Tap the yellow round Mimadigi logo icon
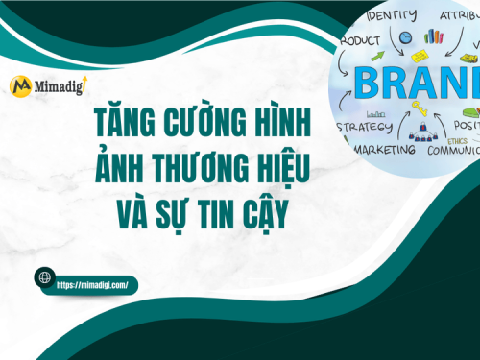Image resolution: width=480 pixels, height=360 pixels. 19,85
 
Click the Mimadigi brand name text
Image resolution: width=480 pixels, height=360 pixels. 58,86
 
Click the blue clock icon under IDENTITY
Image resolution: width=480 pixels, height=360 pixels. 405,37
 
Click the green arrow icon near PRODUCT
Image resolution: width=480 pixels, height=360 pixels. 376,59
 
